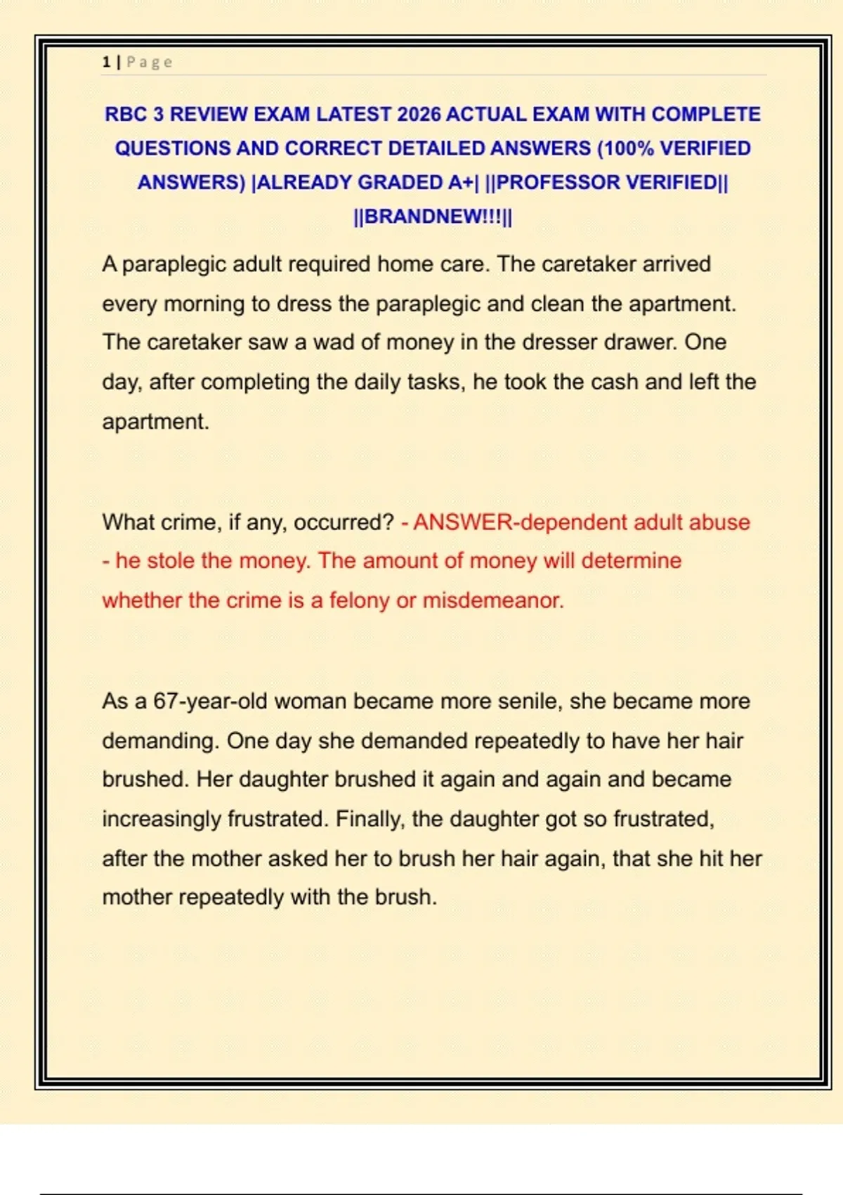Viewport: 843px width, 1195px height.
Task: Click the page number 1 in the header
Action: [106, 62]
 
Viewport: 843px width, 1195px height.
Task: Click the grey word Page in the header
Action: [149, 62]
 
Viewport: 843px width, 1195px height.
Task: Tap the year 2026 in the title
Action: [419, 114]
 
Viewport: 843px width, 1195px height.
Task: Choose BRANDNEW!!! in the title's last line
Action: [433, 217]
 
